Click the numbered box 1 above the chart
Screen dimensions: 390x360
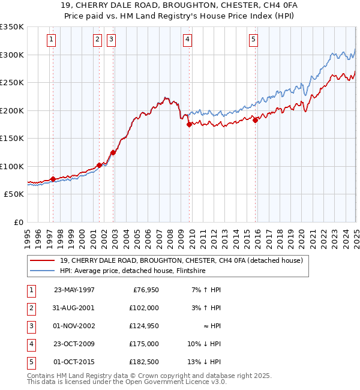click(52, 40)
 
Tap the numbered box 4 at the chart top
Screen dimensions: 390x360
click(188, 40)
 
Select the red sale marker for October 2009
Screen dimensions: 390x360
click(190, 125)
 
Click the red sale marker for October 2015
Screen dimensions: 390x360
click(255, 120)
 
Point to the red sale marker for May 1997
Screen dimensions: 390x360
click(53, 179)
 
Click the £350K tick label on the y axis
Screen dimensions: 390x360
click(12, 27)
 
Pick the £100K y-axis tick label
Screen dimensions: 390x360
click(12, 166)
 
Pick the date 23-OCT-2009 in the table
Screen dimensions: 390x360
click(74, 344)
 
